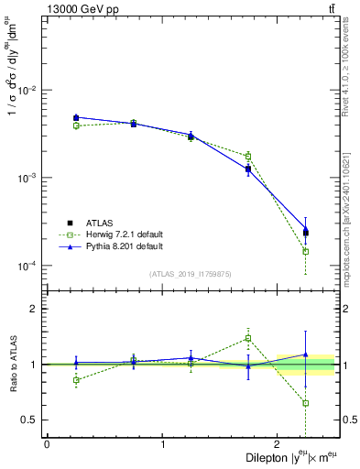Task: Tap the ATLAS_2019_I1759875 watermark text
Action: [x=191, y=273]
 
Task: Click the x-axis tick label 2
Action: [x=278, y=444]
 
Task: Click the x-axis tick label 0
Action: [x=47, y=444]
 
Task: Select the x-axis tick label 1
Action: [x=163, y=444]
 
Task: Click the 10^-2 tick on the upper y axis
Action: [x=28, y=90]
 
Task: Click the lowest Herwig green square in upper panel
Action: [x=306, y=251]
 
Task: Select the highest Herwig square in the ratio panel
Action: [x=248, y=338]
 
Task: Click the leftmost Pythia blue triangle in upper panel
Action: [x=76, y=117]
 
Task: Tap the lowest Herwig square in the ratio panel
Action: [x=306, y=403]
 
